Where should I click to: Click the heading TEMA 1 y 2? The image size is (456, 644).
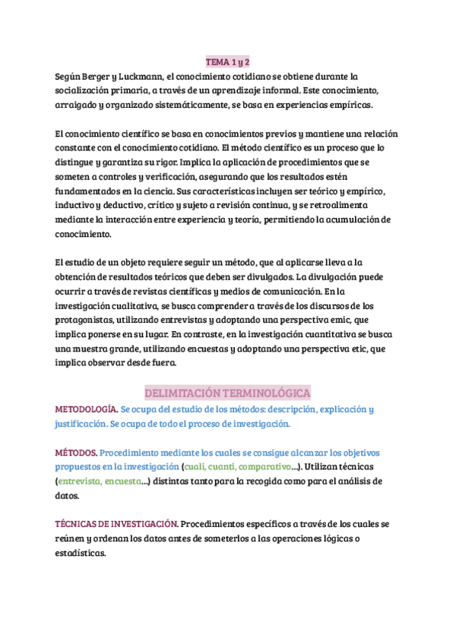[x=228, y=62]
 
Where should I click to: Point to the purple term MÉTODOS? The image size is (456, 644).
[x=76, y=453]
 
